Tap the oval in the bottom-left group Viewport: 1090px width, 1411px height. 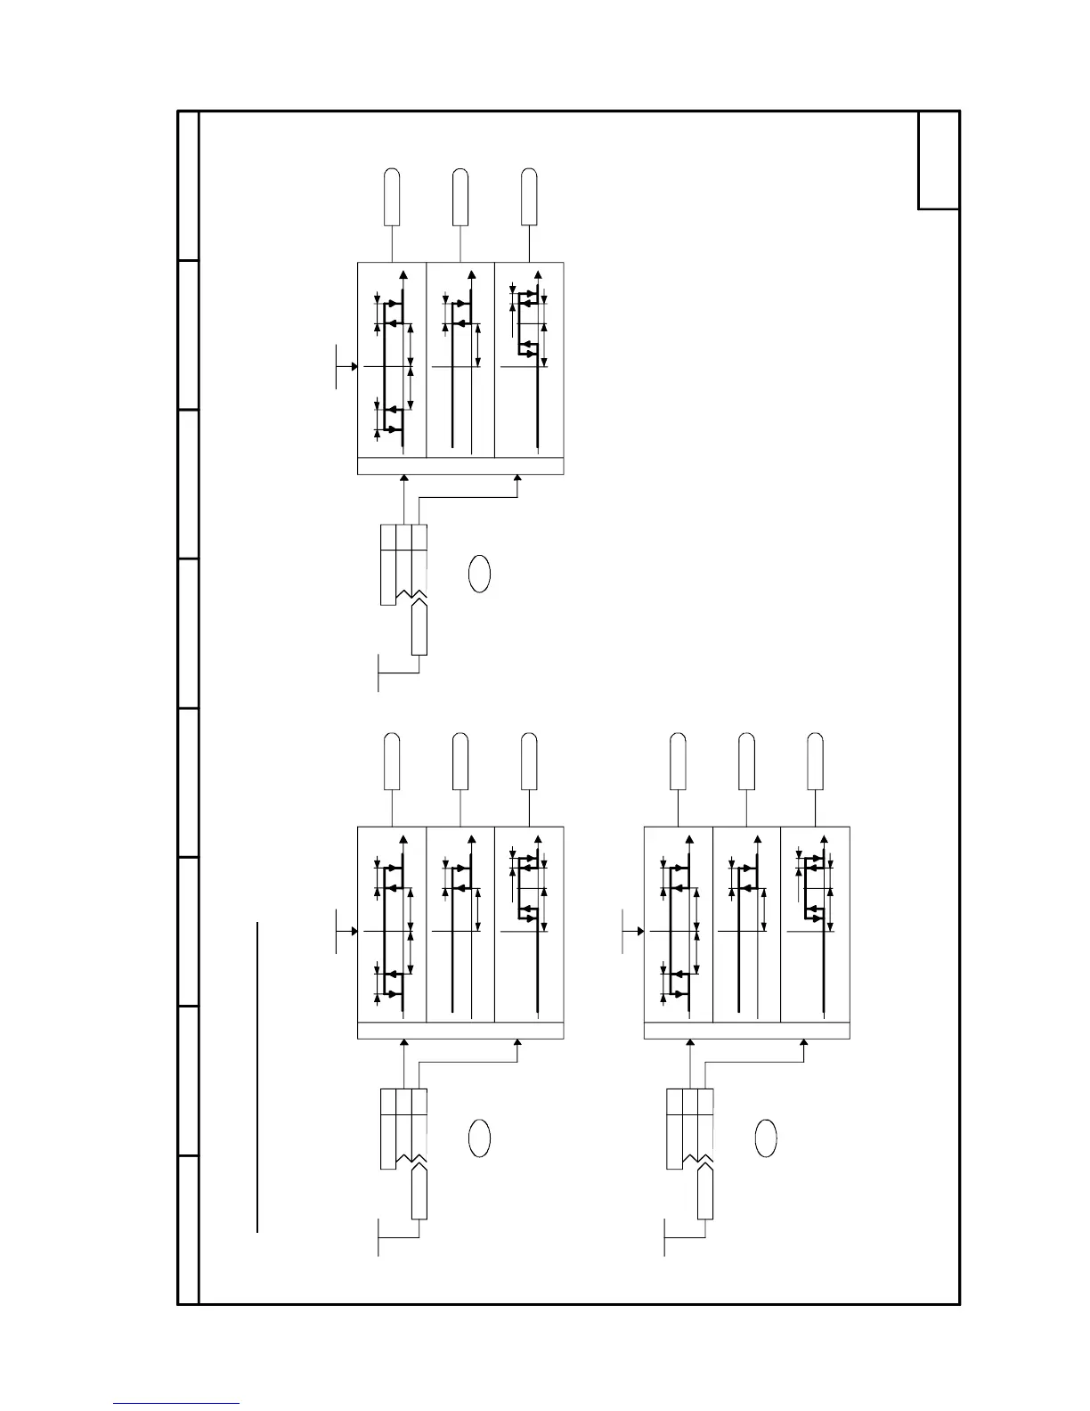click(x=479, y=1138)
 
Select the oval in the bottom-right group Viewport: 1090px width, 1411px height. click(x=766, y=1138)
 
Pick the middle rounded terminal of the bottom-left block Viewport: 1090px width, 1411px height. click(x=460, y=762)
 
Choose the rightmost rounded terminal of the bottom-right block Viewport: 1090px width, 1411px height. click(x=815, y=762)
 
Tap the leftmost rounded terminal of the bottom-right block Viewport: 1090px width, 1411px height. click(x=678, y=762)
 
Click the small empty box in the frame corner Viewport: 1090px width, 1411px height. click(x=939, y=160)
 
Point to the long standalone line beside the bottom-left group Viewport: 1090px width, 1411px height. click(x=257, y=1078)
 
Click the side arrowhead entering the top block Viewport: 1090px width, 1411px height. click(x=354, y=365)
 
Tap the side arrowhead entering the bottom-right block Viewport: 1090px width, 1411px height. click(x=641, y=930)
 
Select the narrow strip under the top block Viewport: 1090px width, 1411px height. click(x=460, y=466)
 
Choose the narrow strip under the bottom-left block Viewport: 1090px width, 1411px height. click(x=460, y=1031)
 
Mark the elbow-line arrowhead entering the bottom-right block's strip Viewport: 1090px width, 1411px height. click(x=805, y=1043)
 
